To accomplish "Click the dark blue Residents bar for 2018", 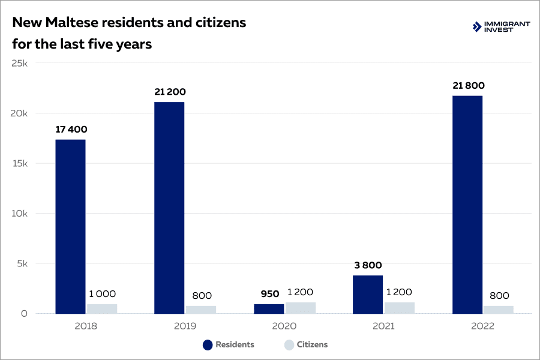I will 70,226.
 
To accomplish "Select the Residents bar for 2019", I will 169,208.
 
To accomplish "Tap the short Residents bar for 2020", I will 269,308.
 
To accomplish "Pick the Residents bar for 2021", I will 368,294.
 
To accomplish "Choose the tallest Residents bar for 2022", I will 467,205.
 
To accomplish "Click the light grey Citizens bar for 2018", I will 102,308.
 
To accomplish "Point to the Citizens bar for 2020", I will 301,307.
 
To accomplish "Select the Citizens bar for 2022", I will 499,310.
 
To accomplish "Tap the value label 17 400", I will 70,129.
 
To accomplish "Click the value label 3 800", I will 368,265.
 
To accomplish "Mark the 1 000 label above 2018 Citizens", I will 102,294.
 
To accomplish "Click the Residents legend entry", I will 229,344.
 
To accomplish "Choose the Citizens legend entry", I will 305,344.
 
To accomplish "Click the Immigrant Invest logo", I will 502,26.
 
